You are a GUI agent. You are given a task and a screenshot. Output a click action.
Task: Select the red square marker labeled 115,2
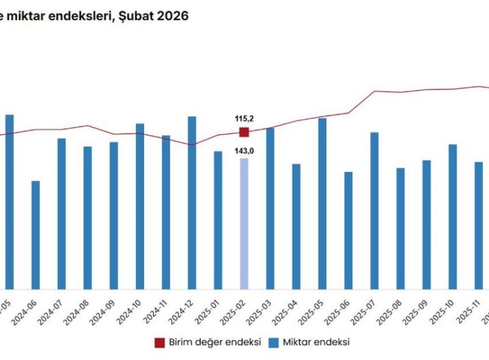[x=244, y=132]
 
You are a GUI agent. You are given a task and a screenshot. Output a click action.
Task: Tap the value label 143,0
[x=244, y=151]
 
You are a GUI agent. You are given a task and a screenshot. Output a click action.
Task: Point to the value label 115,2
[x=244, y=118]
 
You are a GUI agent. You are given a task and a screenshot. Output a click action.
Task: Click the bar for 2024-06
[x=35, y=234]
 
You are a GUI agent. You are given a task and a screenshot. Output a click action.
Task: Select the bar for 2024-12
[x=192, y=202]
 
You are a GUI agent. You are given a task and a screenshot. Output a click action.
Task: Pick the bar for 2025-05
[x=323, y=203]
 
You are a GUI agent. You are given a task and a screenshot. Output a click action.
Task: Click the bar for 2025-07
[x=374, y=210]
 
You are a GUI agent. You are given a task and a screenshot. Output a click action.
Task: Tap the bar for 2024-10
[x=140, y=206]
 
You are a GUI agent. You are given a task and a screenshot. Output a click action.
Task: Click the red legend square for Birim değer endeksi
[x=160, y=342]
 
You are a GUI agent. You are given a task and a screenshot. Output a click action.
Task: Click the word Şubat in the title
[x=137, y=15]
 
